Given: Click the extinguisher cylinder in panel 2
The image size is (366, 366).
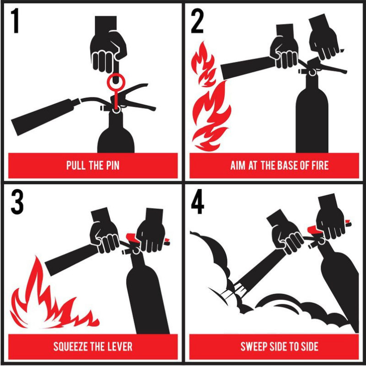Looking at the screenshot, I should pyautogui.click(x=312, y=119).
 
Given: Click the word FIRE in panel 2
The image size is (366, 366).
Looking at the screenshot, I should pyautogui.click(x=318, y=165).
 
